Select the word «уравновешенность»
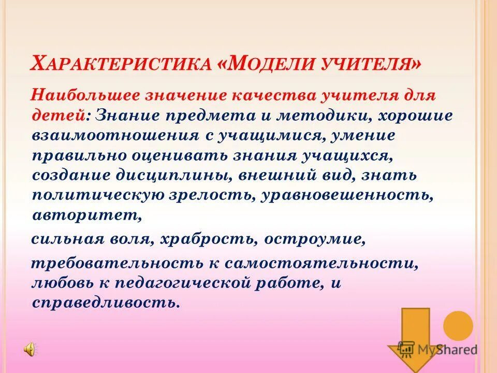pos(347,195)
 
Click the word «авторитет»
pos(86,215)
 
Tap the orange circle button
pos(458,326)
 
